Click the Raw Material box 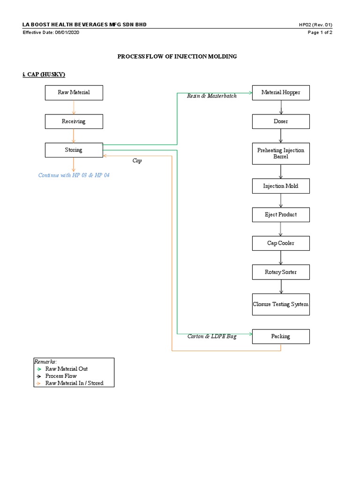click(x=74, y=92)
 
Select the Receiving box click(x=74, y=121)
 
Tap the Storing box click(x=74, y=150)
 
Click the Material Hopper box click(x=281, y=92)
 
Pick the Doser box click(x=281, y=121)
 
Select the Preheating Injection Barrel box click(x=281, y=153)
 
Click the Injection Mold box click(x=281, y=186)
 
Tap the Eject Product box click(x=281, y=215)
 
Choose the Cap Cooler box click(x=281, y=243)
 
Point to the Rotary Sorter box click(x=281, y=272)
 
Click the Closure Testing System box click(x=281, y=304)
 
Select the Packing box click(x=281, y=336)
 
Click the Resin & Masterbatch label click(x=212, y=96)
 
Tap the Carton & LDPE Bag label click(x=212, y=337)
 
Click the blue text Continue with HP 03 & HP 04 click(x=74, y=175)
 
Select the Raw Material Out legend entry click(x=66, y=369)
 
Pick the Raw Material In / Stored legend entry click(x=74, y=383)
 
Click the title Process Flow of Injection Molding click(x=177, y=56)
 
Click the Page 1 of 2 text click(x=320, y=32)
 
